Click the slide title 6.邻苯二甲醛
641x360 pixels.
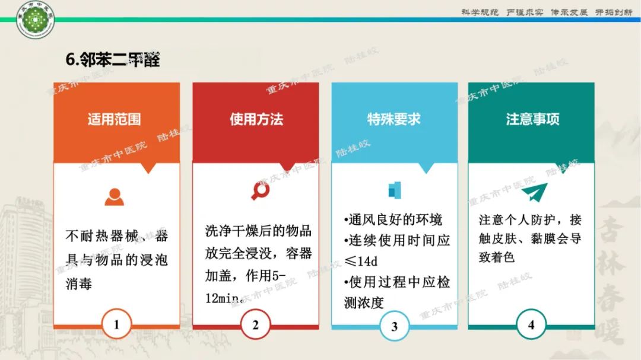click(113, 60)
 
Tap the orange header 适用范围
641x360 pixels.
click(115, 119)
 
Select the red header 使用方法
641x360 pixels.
click(256, 119)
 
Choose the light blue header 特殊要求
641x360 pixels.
click(394, 119)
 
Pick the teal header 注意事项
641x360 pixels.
click(532, 119)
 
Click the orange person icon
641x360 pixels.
click(114, 196)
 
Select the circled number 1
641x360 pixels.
click(116, 324)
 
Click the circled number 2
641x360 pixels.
click(256, 324)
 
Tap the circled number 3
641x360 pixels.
click(395, 326)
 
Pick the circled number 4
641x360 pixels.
click(531, 324)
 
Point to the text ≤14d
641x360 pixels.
click(360, 261)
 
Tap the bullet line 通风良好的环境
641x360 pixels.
click(394, 220)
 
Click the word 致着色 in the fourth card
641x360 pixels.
click(496, 257)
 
